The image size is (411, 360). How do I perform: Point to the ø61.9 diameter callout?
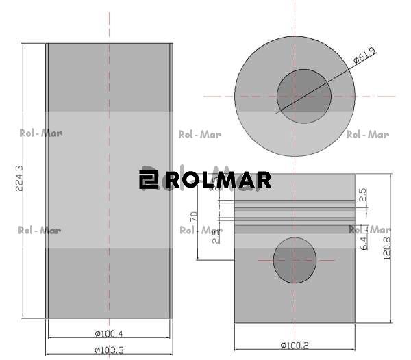[366, 55]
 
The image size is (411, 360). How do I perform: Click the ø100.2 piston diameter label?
[295, 345]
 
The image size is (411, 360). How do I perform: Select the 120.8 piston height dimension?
[387, 248]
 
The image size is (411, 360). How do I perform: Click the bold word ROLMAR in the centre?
[218, 180]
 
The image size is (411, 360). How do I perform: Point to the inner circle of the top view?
[303, 95]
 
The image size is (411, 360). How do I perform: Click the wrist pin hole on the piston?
[295, 260]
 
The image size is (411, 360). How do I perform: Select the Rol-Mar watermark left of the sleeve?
[40, 133]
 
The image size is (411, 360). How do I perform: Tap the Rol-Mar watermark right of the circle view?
[368, 134]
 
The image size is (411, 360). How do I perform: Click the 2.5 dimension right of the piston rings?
[364, 195]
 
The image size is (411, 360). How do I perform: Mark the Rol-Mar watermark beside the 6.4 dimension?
[370, 229]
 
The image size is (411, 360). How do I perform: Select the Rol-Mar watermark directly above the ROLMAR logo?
[199, 134]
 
